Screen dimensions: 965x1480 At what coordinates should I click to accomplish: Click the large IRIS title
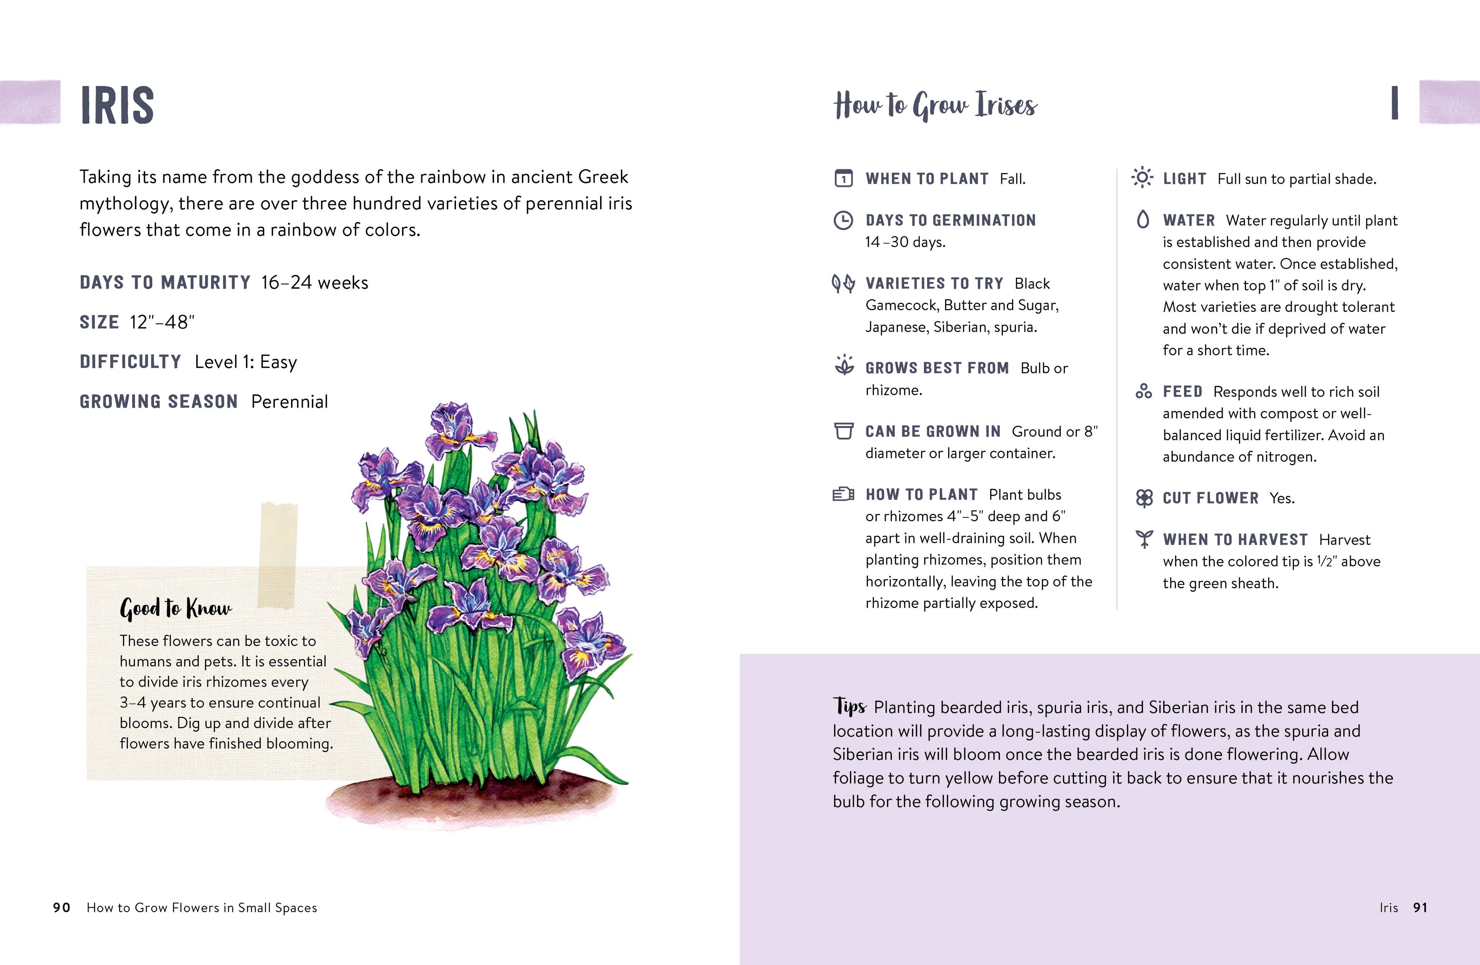pyautogui.click(x=117, y=105)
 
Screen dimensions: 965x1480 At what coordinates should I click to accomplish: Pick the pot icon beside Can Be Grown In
pyautogui.click(x=843, y=431)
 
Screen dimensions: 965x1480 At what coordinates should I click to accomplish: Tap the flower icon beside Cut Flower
pyautogui.click(x=1144, y=498)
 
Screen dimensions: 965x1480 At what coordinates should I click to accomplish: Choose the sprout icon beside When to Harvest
pyautogui.click(x=1144, y=539)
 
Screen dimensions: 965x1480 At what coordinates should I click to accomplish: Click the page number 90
pyautogui.click(x=62, y=908)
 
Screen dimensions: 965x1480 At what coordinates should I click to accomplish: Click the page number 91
pyautogui.click(x=1420, y=908)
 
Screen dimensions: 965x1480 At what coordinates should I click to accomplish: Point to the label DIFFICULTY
pyautogui.click(x=130, y=362)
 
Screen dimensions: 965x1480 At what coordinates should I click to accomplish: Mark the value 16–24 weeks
pyautogui.click(x=314, y=283)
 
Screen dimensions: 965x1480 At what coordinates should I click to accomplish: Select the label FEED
pyautogui.click(x=1182, y=391)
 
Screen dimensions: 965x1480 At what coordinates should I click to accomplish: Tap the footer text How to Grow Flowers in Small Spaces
pyautogui.click(x=202, y=908)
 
